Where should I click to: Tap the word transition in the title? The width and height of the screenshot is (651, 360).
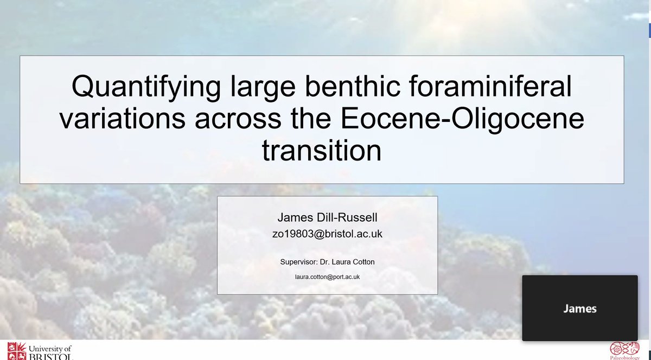click(x=322, y=150)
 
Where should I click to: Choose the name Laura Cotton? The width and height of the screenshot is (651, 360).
click(x=355, y=262)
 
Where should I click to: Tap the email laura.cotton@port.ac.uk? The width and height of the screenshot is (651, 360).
click(x=327, y=277)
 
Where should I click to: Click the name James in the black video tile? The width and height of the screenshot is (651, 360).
click(x=579, y=308)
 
